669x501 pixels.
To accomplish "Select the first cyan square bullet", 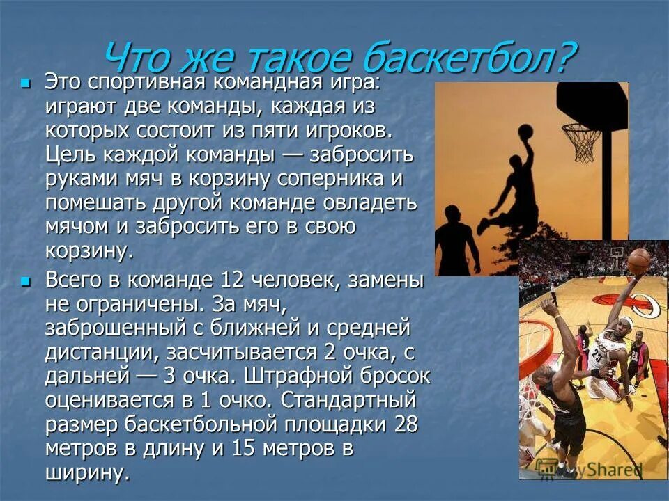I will tap(26, 83).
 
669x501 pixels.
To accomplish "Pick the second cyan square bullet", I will tap(26, 281).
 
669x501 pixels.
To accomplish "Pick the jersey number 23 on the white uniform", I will tap(597, 355).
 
